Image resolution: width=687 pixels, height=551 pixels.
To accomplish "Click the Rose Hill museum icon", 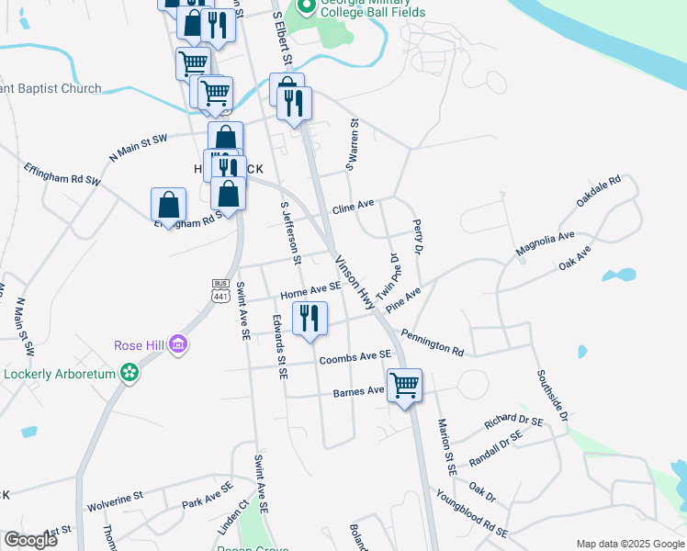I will point(179,345).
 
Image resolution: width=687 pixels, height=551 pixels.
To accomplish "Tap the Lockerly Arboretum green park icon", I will point(130,374).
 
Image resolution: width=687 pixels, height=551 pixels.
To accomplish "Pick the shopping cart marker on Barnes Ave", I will point(404,386).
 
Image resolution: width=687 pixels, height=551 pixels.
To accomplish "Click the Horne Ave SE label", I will point(311,291).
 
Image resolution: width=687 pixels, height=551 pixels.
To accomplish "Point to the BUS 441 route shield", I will point(220,290).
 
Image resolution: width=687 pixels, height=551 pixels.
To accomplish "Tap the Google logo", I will point(31,540).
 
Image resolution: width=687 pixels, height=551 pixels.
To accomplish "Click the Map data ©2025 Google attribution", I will point(629,544).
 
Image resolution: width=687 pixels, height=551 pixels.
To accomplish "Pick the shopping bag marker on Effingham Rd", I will point(169,206).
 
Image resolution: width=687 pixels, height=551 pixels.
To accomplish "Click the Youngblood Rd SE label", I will point(472,516).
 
